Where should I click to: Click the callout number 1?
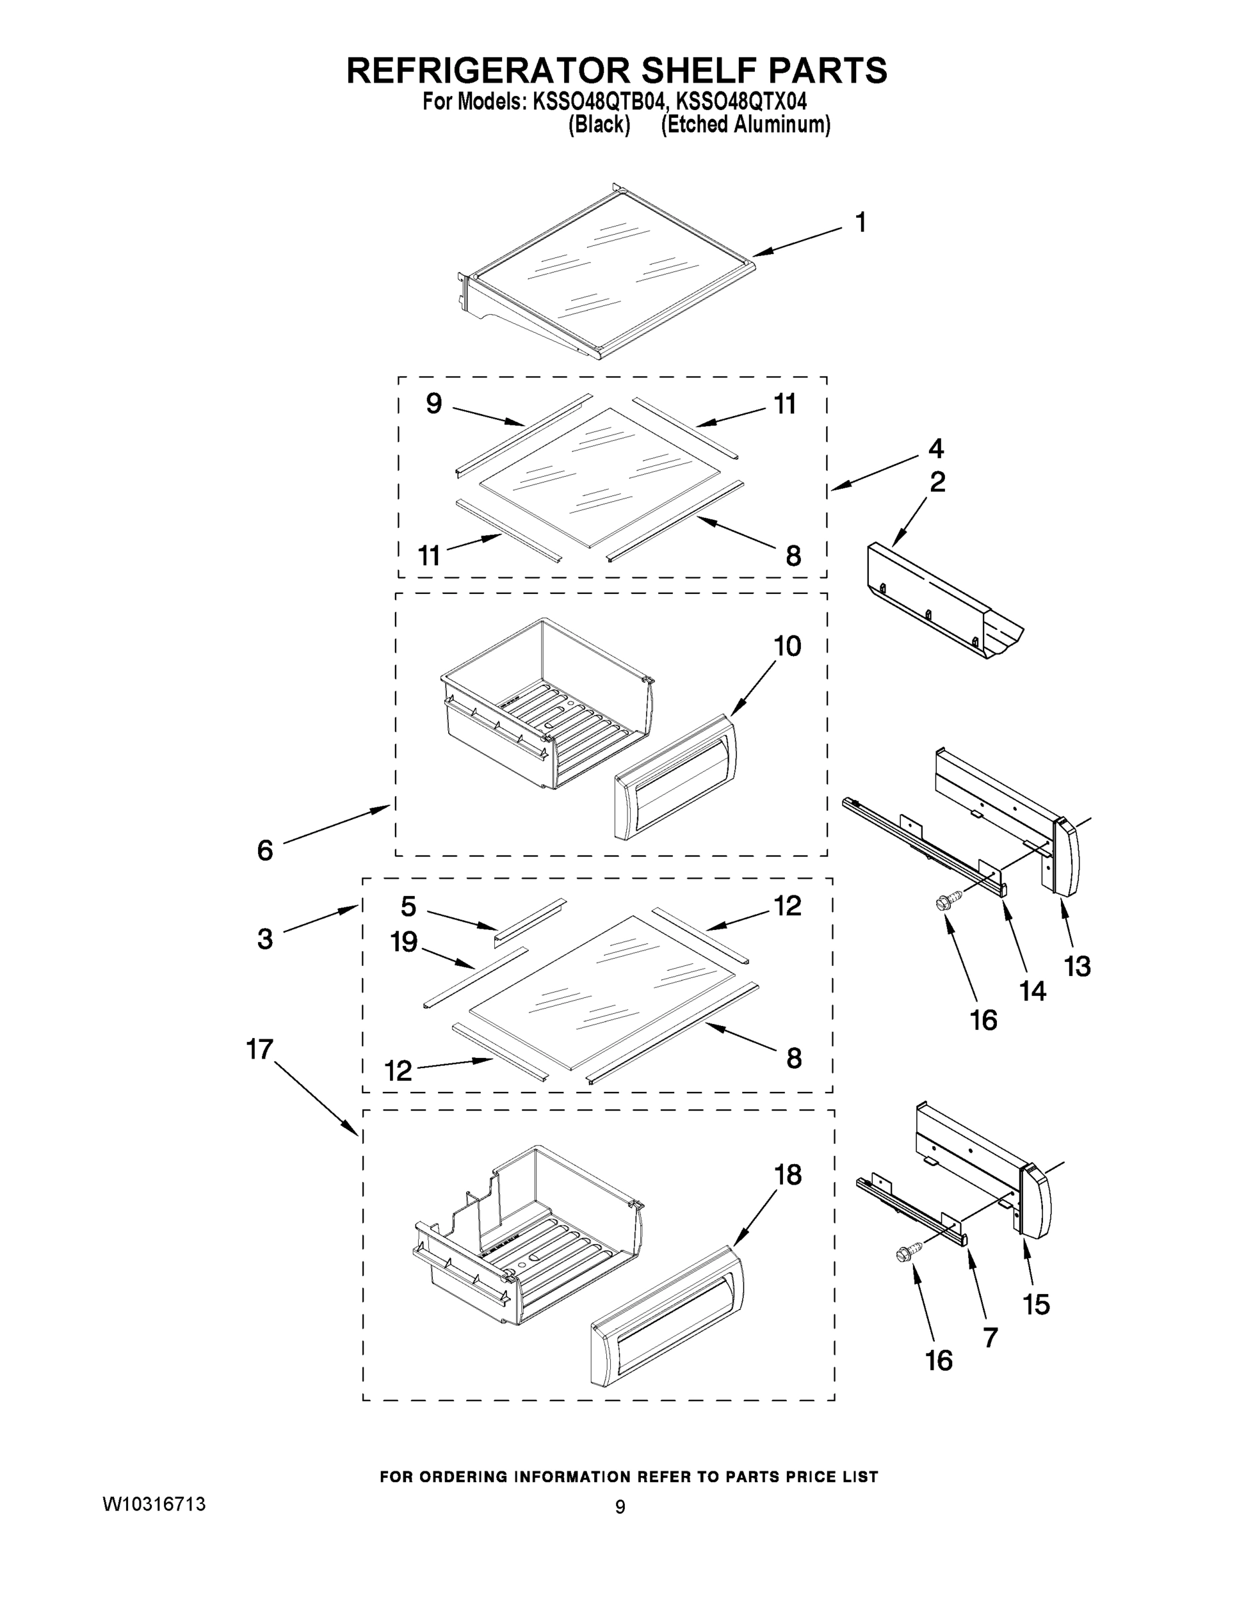(x=861, y=222)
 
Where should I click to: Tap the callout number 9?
(x=434, y=403)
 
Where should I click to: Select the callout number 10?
(x=787, y=646)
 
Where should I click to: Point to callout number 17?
(x=259, y=1049)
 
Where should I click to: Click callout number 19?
(x=404, y=941)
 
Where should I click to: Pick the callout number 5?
(x=408, y=906)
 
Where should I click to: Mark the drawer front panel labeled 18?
(x=666, y=1317)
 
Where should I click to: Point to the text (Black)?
(x=599, y=125)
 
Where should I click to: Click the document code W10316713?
(x=155, y=1504)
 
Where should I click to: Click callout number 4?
(x=936, y=449)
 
